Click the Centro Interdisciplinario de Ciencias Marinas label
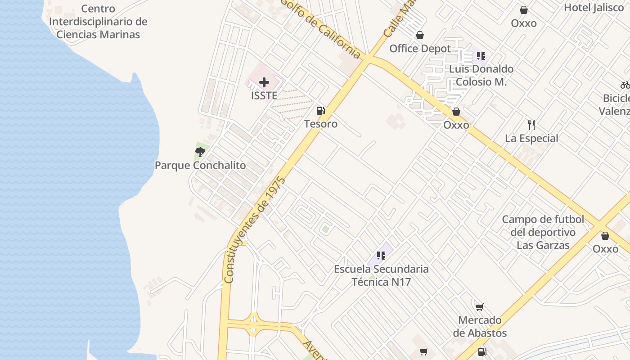[x=98, y=22]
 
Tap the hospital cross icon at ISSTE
[x=264, y=82]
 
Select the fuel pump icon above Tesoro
[x=320, y=110]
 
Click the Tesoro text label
[x=320, y=124]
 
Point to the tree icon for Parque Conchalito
[x=200, y=152]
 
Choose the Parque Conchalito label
[x=200, y=165]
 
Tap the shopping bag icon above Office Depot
[x=420, y=35]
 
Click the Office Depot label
[x=420, y=49]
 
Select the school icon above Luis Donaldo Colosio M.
[x=481, y=56]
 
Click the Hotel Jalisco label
[x=594, y=8]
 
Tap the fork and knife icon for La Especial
[x=531, y=125]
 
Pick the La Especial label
[x=531, y=138]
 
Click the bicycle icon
[x=625, y=85]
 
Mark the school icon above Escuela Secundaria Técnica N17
[x=381, y=256]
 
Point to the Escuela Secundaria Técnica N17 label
[x=381, y=275]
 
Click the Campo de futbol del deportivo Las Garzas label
[x=543, y=232]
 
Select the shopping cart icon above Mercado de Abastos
[x=480, y=307]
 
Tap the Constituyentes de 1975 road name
[x=255, y=229]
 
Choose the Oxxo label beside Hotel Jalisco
[x=523, y=23]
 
